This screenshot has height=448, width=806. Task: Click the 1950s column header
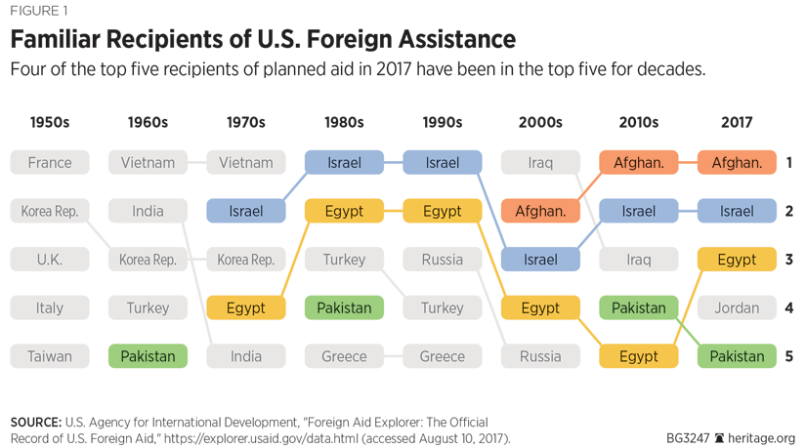click(x=50, y=123)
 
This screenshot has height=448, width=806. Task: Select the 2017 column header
click(x=737, y=123)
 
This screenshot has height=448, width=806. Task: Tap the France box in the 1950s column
click(x=50, y=162)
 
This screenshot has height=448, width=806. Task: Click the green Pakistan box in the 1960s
click(x=148, y=356)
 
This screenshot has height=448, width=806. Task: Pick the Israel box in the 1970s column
click(x=246, y=211)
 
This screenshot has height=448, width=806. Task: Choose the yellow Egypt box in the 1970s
click(x=246, y=307)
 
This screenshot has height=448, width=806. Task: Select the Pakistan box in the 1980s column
click(x=344, y=307)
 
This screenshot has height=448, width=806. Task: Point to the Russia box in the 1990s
click(x=443, y=260)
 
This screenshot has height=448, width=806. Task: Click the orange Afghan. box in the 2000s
click(x=540, y=211)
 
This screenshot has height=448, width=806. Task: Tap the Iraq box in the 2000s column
click(x=540, y=162)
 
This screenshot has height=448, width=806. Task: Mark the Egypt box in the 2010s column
click(x=639, y=356)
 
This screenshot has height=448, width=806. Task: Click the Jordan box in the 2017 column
click(x=737, y=307)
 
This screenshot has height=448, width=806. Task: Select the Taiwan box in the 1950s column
click(x=50, y=356)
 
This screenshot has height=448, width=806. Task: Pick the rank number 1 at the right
click(x=788, y=163)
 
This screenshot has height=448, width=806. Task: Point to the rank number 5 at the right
click(x=788, y=356)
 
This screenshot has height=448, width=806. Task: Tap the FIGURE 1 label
click(x=39, y=12)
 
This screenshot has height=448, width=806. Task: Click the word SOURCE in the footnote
click(x=35, y=423)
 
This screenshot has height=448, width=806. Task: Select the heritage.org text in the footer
click(x=762, y=438)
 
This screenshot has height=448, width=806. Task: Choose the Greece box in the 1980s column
click(x=344, y=356)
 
